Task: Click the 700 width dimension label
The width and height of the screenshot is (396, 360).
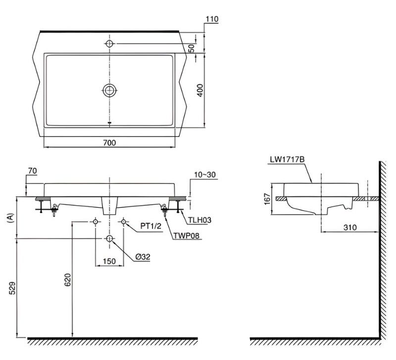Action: coord(109,143)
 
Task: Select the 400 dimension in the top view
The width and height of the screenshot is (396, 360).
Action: coord(200,90)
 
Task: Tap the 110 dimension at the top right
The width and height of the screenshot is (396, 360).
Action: coord(212,19)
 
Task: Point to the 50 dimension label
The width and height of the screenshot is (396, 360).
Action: coord(192,48)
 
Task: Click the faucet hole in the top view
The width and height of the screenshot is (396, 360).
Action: coord(109,44)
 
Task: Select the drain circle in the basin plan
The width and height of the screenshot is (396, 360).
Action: coord(109,90)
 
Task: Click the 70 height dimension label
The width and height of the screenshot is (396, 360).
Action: coord(32,171)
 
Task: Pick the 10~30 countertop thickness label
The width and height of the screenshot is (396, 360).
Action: coord(205,175)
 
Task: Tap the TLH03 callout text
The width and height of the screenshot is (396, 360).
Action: coord(199,220)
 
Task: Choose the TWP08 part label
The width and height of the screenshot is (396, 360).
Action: coord(186,235)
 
